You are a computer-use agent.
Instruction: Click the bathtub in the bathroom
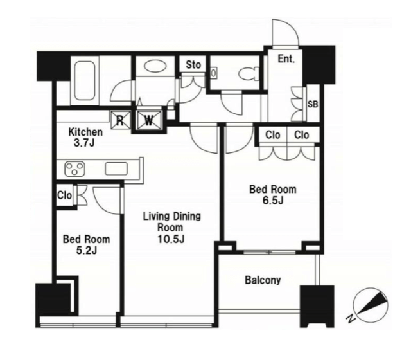click(x=85, y=81)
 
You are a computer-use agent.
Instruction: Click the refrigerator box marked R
click(x=121, y=120)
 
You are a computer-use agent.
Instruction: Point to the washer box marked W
click(x=149, y=120)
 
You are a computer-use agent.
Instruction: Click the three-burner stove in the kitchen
click(x=74, y=169)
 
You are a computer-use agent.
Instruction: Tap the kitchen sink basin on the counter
click(x=116, y=169)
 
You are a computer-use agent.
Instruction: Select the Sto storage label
click(x=193, y=64)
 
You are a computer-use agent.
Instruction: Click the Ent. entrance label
click(x=286, y=59)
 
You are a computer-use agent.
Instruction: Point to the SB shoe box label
click(x=313, y=104)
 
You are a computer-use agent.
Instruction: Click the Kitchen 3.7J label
click(x=85, y=137)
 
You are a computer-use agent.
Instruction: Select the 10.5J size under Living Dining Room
click(x=171, y=239)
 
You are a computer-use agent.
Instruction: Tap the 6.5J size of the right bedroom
click(x=273, y=200)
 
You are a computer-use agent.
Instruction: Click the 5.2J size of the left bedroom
click(x=86, y=250)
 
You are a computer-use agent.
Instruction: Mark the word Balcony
click(x=263, y=280)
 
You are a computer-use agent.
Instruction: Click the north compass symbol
click(x=371, y=305)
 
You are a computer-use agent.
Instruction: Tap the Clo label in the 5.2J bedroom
click(x=64, y=195)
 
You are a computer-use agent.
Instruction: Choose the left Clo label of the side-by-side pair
click(x=273, y=135)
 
